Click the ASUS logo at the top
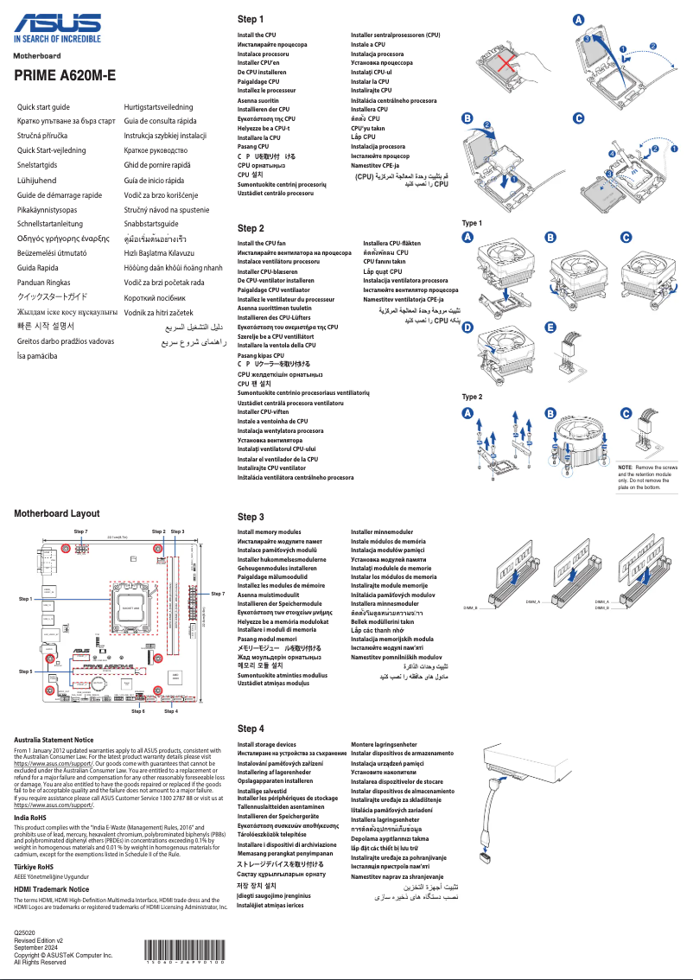56,23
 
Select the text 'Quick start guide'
44,106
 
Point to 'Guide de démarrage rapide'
60,194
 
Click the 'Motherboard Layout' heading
63,513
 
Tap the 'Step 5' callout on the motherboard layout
26,671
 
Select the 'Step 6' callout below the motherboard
138,710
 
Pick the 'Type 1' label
472,223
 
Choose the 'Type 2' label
472,397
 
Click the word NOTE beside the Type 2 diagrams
626,467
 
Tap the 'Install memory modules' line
269,532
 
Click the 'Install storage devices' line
266,744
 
